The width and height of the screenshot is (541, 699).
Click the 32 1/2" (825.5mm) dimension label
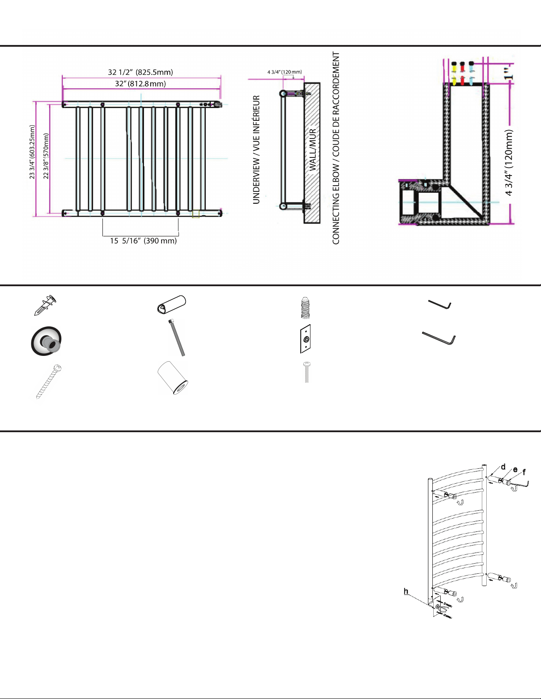140,72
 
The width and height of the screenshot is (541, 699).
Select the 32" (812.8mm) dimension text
140,84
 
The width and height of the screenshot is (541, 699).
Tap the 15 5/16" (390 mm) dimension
143,241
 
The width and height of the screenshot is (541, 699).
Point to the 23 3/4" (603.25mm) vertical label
32,152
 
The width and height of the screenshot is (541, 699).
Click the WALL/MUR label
313,150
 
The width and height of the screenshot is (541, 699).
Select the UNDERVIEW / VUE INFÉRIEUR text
256,150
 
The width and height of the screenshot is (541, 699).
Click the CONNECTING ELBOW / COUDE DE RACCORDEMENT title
336,148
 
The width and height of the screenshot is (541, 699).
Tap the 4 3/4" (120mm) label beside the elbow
508,162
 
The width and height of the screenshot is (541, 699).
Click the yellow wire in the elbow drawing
454,73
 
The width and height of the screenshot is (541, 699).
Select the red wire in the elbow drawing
462,73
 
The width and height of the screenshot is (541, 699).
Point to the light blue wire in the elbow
472,73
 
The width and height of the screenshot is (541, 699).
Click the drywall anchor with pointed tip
45,305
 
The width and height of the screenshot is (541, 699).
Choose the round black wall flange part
46,341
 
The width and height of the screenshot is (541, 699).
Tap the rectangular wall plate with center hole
305,339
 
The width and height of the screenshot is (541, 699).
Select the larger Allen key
439,338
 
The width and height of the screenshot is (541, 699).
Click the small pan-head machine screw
307,372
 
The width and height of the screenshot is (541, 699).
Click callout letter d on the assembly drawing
503,467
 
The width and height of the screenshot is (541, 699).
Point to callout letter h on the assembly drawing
406,591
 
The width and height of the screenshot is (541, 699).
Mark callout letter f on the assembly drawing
524,472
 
